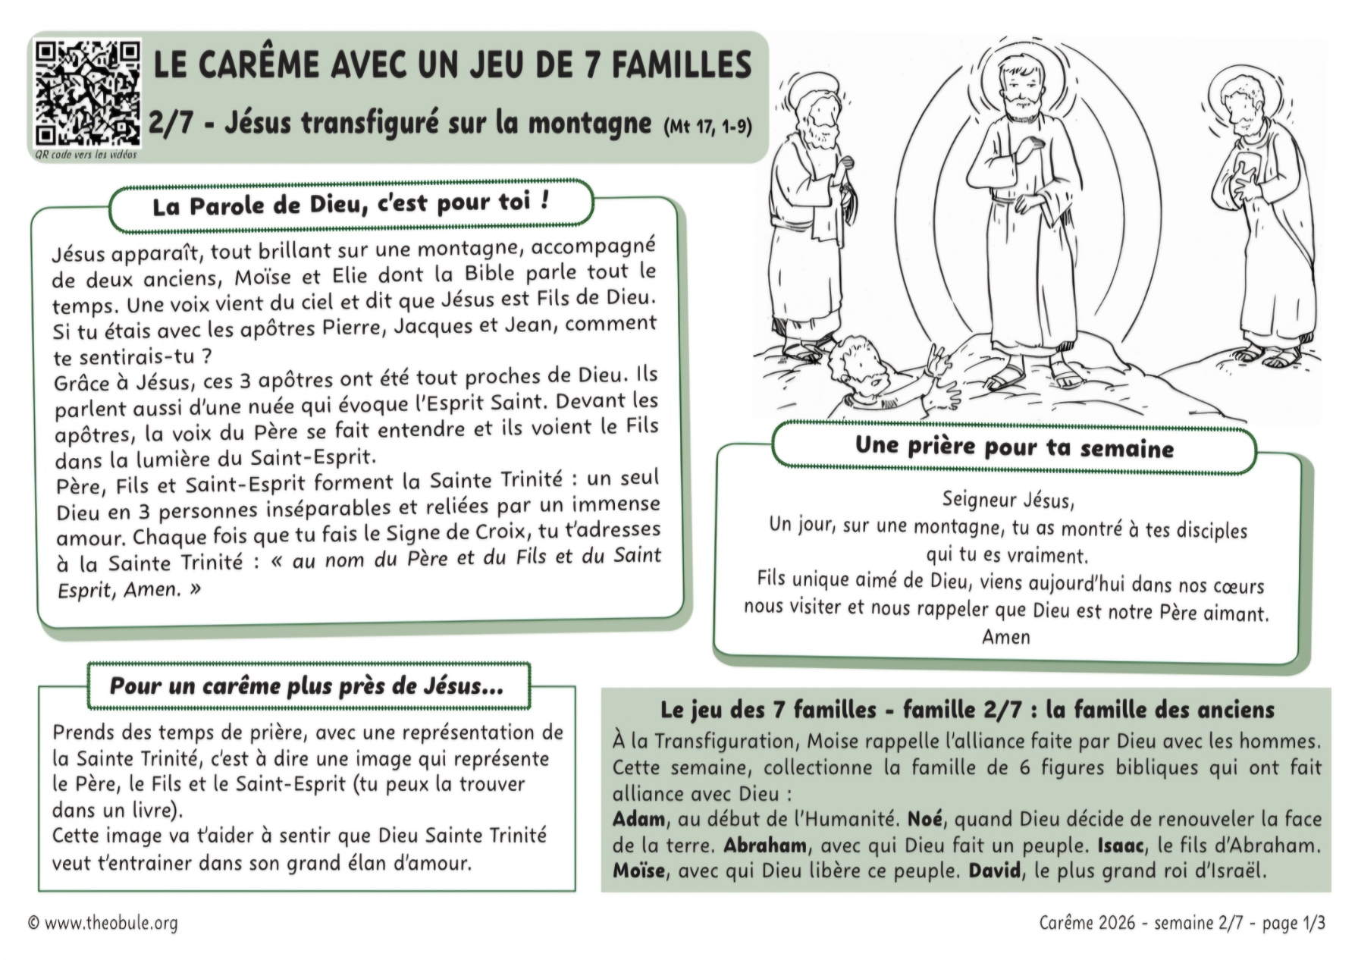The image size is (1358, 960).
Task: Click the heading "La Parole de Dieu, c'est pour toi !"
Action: click(350, 205)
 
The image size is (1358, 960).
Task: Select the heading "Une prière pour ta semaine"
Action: click(1014, 447)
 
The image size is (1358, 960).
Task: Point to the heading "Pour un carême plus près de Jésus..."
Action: click(307, 686)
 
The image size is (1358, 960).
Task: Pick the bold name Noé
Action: click(924, 819)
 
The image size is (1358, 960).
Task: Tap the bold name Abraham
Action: click(765, 845)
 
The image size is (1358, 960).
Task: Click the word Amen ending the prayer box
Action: click(1006, 637)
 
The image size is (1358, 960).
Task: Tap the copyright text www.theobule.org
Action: click(111, 923)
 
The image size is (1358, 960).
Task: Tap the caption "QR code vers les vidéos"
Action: click(86, 154)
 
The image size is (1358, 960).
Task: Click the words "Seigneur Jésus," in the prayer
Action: click(1008, 500)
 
